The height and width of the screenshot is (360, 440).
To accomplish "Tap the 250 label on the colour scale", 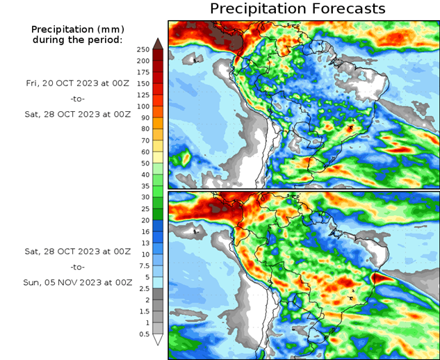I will (143, 49).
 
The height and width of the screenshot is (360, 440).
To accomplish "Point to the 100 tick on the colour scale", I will (143, 106).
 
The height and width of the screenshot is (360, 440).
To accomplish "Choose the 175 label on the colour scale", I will (143, 72).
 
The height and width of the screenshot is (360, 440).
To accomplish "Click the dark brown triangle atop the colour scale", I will (158, 43).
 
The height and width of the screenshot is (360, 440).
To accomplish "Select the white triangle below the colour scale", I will (158, 339).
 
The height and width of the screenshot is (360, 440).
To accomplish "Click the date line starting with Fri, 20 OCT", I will (76, 83).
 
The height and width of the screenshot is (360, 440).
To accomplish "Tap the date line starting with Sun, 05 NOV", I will (76, 283).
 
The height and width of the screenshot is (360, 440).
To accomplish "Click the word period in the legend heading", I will (104, 40).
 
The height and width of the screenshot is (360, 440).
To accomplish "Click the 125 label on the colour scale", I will (143, 95).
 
